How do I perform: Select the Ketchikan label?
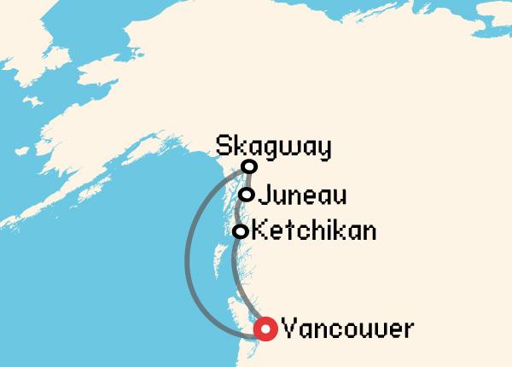coord(316,231)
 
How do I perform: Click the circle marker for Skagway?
coord(249,166)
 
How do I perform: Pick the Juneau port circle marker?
coord(246,195)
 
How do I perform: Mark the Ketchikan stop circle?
coord(241,231)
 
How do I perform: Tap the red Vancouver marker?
coord(267,329)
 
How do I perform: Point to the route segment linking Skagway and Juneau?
coord(247,180)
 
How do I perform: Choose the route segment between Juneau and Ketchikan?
coord(241,213)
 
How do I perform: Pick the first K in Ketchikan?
coord(262,231)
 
